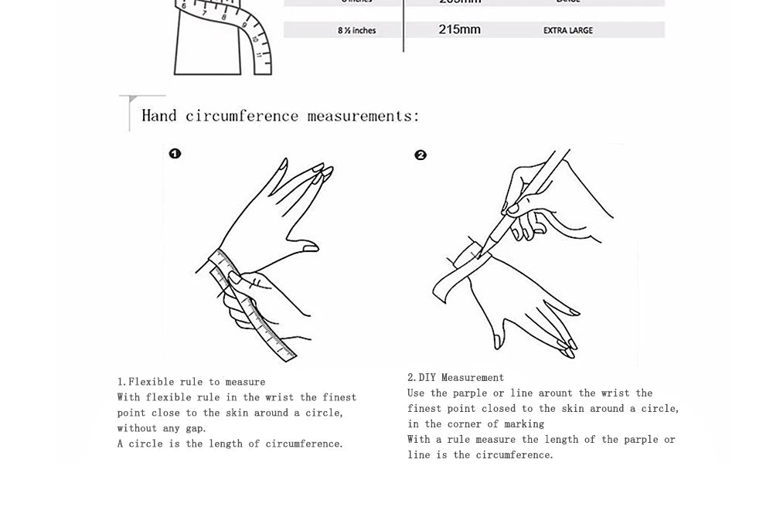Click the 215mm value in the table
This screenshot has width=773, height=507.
tap(459, 29)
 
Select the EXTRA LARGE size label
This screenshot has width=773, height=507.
tap(568, 30)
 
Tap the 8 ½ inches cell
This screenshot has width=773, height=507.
tap(356, 30)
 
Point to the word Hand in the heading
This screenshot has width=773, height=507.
tap(159, 116)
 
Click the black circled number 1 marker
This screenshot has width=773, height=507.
tap(175, 154)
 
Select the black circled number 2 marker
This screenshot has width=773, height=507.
tap(421, 155)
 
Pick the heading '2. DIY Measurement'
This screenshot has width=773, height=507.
tap(455, 378)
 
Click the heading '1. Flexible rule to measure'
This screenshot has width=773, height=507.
tap(191, 382)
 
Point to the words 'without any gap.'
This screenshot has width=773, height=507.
tap(162, 428)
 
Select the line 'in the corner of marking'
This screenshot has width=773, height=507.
tap(475, 424)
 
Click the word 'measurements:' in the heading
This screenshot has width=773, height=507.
tap(363, 116)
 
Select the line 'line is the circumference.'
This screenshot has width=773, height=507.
tap(480, 455)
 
